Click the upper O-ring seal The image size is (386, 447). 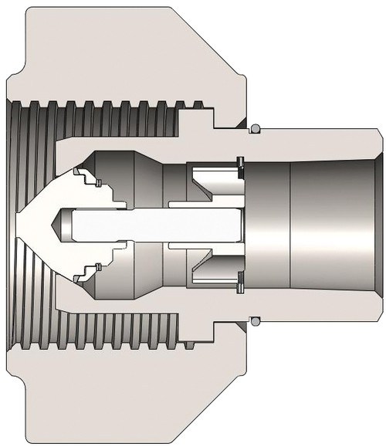click(254, 128)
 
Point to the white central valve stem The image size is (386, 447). click(154, 225)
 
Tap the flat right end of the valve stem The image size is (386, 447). click(242, 225)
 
